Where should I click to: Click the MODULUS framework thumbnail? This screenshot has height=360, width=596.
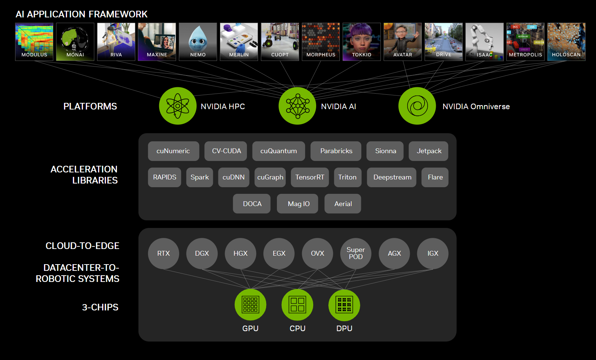34,41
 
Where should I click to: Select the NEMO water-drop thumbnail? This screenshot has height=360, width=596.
198,41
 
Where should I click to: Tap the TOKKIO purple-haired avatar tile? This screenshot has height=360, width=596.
361,41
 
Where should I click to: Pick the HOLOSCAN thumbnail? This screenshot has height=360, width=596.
566,41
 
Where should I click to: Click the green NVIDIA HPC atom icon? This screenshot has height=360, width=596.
178,106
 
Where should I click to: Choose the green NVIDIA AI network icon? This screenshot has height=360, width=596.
297,106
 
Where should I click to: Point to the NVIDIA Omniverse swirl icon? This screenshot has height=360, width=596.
417,106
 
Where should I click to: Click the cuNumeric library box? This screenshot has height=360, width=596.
173,151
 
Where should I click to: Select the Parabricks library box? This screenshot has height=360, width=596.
336,151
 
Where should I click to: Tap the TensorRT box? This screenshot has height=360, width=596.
309,177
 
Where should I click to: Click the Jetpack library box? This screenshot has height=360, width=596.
429,151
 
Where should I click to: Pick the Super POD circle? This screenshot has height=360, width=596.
356,253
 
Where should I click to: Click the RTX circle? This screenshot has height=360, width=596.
164,253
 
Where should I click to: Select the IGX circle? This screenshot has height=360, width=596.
433,253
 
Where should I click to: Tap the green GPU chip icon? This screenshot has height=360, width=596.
250,305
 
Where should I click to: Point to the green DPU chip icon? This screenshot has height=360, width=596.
344,305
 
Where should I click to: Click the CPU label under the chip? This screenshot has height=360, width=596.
297,329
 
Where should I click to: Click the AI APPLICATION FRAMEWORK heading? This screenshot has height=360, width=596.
81,14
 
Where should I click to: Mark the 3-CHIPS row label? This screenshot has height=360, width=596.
100,307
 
